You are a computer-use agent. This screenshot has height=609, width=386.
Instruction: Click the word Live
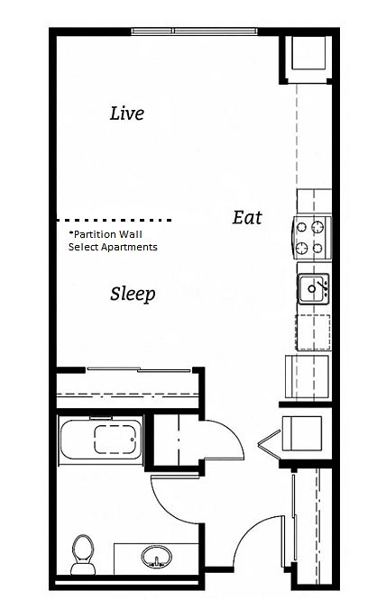click(x=127, y=114)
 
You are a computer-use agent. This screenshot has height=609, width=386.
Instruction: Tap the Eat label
click(x=247, y=217)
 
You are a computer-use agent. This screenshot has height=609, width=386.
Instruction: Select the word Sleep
click(x=133, y=294)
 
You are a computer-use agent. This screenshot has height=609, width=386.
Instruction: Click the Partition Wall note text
click(x=113, y=241)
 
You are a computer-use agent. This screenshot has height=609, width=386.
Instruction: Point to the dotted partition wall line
click(x=115, y=220)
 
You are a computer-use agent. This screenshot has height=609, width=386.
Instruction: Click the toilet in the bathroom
click(x=83, y=554)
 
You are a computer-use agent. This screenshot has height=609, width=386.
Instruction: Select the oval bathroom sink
click(x=156, y=557)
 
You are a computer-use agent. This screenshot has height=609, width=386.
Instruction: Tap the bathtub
click(x=101, y=440)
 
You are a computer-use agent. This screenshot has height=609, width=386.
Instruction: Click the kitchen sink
click(x=313, y=289)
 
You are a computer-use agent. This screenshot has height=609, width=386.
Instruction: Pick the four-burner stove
click(x=312, y=237)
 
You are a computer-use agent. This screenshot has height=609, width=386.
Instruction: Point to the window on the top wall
click(x=195, y=32)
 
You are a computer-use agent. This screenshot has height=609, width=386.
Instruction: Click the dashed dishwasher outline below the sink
click(x=313, y=332)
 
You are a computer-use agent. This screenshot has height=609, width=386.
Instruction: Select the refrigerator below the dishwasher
click(x=308, y=377)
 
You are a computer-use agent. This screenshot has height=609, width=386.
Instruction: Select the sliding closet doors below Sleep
click(x=139, y=369)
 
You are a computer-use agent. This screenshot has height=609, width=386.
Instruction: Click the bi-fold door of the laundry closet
click(x=269, y=441)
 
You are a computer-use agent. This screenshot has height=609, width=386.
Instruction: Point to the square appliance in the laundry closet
click(x=302, y=433)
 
